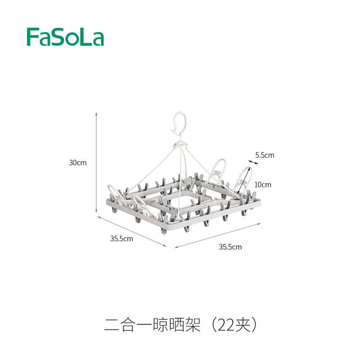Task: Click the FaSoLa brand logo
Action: coord(65,37)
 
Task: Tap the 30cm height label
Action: coord(78,163)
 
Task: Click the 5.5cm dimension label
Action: coord(265,155)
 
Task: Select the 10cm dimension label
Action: coord(263,184)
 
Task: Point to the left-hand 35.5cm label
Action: coord(121,239)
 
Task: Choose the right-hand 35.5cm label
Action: coord(230,247)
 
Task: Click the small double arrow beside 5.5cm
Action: coord(253,162)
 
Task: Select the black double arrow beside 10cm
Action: coord(244,180)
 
